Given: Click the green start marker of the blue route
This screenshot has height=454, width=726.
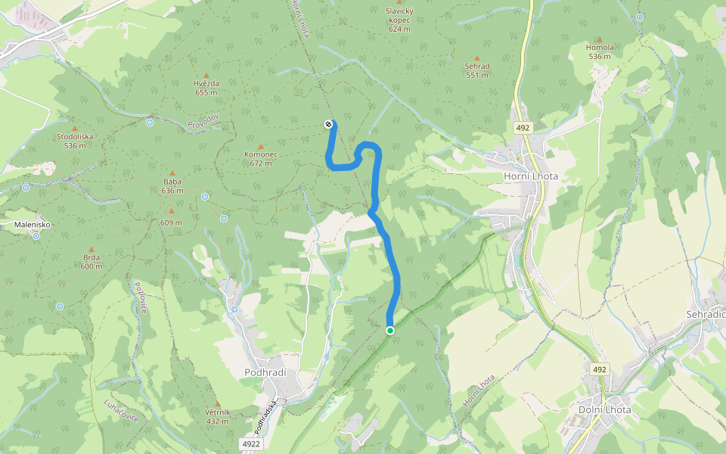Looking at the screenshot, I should (x=390, y=330).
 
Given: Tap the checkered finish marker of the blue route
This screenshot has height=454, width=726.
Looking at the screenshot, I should (x=328, y=124).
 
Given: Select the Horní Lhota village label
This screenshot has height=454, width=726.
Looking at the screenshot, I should (x=530, y=176).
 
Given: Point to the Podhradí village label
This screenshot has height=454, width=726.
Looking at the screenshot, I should (x=264, y=372).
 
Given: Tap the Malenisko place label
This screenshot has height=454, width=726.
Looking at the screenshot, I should (x=33, y=225).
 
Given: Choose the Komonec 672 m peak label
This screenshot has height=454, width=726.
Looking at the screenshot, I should (x=261, y=158).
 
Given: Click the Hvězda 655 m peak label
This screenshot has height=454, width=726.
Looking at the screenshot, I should (x=206, y=88).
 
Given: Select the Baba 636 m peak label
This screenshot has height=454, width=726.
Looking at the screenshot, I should (x=172, y=185).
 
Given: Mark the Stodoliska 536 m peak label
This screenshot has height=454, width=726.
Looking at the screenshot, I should (x=75, y=141).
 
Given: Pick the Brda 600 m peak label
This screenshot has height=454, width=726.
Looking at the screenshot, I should (x=92, y=261).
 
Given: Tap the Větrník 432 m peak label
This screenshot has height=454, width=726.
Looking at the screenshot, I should (x=217, y=416).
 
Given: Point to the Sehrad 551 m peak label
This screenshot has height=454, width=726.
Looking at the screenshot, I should (x=477, y=70).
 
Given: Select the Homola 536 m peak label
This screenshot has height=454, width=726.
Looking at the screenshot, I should (x=599, y=51).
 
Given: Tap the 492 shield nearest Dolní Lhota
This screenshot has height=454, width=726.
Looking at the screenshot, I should (x=600, y=369).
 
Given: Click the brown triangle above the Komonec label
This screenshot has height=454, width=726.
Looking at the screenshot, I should (x=261, y=147).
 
